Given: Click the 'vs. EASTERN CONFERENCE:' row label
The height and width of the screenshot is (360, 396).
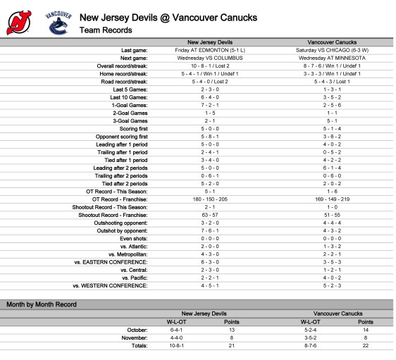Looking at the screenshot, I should pos(110,262).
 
